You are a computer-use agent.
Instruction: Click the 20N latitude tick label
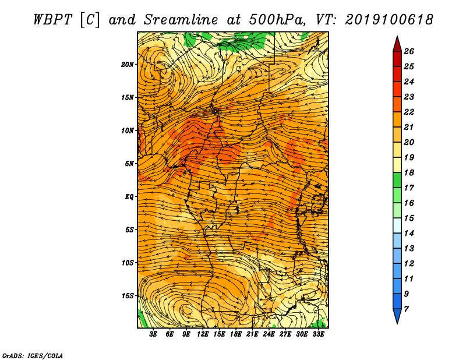click(x=127, y=64)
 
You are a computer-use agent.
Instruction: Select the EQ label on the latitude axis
click(x=129, y=197)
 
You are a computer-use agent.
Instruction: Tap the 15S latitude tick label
click(x=127, y=296)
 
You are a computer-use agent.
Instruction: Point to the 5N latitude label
click(x=129, y=164)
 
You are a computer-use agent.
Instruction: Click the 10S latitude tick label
click(x=127, y=263)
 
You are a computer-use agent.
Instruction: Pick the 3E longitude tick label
click(x=153, y=334)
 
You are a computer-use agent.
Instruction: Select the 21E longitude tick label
click(x=252, y=334)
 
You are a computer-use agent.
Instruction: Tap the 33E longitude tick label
click(x=318, y=334)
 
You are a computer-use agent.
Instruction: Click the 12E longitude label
click(x=202, y=334)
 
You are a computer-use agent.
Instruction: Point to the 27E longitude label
click(x=285, y=334)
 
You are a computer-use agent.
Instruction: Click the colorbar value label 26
click(x=409, y=51)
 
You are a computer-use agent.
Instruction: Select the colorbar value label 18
click(x=409, y=172)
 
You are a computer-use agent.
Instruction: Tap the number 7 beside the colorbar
click(x=406, y=309)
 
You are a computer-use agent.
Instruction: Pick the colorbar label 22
click(x=409, y=112)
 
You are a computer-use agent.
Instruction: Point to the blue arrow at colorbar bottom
click(x=397, y=316)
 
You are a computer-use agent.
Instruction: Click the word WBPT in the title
click(x=52, y=20)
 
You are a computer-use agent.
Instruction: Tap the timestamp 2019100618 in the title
click(x=389, y=20)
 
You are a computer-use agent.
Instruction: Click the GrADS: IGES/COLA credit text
click(x=33, y=355)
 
